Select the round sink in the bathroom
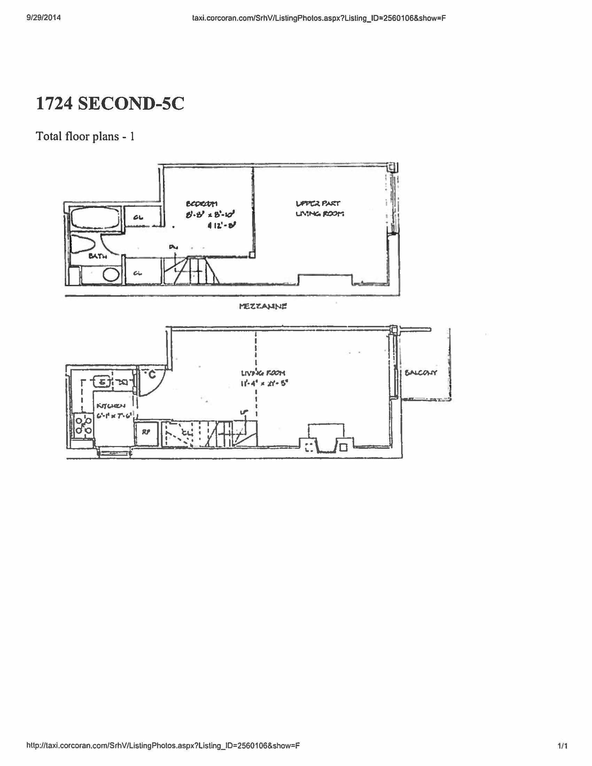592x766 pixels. point(111,275)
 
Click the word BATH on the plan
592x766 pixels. point(98,256)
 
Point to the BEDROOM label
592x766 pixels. point(201,204)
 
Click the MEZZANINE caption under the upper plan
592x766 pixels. point(263,306)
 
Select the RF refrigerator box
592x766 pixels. point(146,432)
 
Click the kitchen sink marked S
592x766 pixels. point(102,382)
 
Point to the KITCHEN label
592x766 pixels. point(110,406)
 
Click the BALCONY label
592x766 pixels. point(421,373)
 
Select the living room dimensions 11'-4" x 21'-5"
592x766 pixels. point(264,384)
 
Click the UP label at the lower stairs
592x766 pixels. point(243,413)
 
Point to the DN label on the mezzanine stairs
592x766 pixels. point(173,247)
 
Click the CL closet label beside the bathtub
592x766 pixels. point(138,218)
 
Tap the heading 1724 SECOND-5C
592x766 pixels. point(110,104)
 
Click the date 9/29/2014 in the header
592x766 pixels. point(44,18)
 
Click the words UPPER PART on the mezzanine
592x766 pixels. point(318,203)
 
